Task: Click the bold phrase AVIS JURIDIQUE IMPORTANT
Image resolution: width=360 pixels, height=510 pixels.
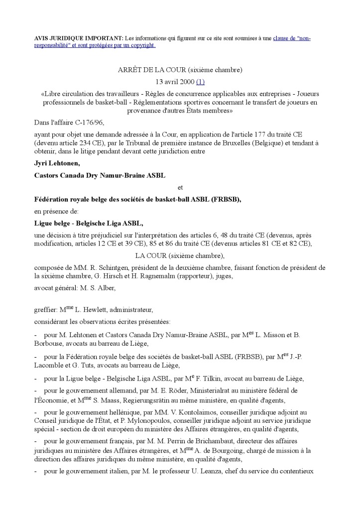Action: tap(78, 38)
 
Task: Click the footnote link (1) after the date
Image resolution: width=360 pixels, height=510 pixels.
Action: tap(200, 82)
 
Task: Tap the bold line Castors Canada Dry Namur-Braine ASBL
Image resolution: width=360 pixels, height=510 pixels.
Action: tap(100, 175)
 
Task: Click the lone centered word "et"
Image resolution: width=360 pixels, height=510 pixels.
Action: tap(180, 187)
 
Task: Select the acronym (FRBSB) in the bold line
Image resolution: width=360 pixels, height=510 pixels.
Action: tap(225, 200)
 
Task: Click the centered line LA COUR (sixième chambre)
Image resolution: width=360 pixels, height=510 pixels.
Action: tap(180, 255)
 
